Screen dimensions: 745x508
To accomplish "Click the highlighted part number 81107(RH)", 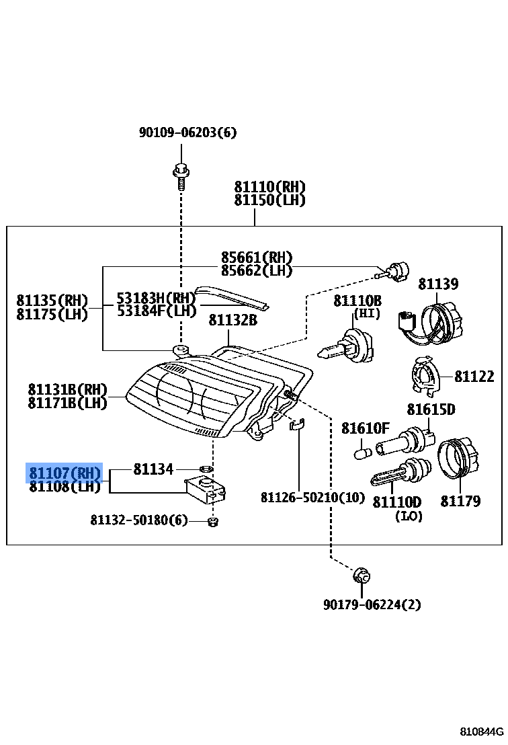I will (65, 473).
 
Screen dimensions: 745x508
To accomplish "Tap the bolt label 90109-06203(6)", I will (187, 132).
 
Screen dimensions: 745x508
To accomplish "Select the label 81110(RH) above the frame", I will (269, 187).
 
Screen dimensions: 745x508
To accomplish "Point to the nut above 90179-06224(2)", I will (362, 576).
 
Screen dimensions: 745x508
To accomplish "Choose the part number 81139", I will (438, 284).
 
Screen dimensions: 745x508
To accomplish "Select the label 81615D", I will (431, 409).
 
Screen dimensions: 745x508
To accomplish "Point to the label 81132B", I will (232, 320).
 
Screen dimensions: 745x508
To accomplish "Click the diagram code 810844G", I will (480, 732).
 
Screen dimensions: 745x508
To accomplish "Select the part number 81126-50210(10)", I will (312, 498).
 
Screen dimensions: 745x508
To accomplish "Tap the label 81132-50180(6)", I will (139, 520).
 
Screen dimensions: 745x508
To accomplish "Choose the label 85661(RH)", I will (257, 258).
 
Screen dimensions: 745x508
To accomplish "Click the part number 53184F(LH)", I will (156, 311).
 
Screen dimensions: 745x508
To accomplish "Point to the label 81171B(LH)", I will (67, 403).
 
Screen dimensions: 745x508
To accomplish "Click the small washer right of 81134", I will (207, 468).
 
